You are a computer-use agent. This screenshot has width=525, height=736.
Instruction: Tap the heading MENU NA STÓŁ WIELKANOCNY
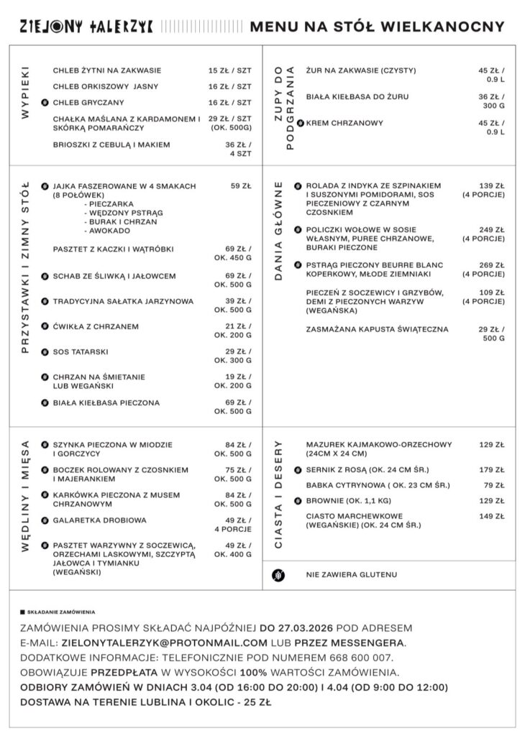[x=377, y=27]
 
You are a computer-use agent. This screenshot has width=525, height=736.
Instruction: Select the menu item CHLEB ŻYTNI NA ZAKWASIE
[x=107, y=70]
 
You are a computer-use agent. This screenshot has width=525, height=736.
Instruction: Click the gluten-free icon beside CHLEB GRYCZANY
[x=45, y=103]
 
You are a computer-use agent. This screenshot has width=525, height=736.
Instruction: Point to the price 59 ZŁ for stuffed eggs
[x=241, y=186]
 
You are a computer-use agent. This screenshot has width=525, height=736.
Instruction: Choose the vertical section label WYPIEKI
[x=25, y=93]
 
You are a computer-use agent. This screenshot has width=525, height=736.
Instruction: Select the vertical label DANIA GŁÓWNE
[x=280, y=230]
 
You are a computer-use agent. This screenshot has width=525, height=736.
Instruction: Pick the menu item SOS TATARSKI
[x=81, y=352]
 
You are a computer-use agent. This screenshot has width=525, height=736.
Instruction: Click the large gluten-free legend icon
[x=279, y=575]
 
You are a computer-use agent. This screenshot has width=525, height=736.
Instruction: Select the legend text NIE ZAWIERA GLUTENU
[x=351, y=575]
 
